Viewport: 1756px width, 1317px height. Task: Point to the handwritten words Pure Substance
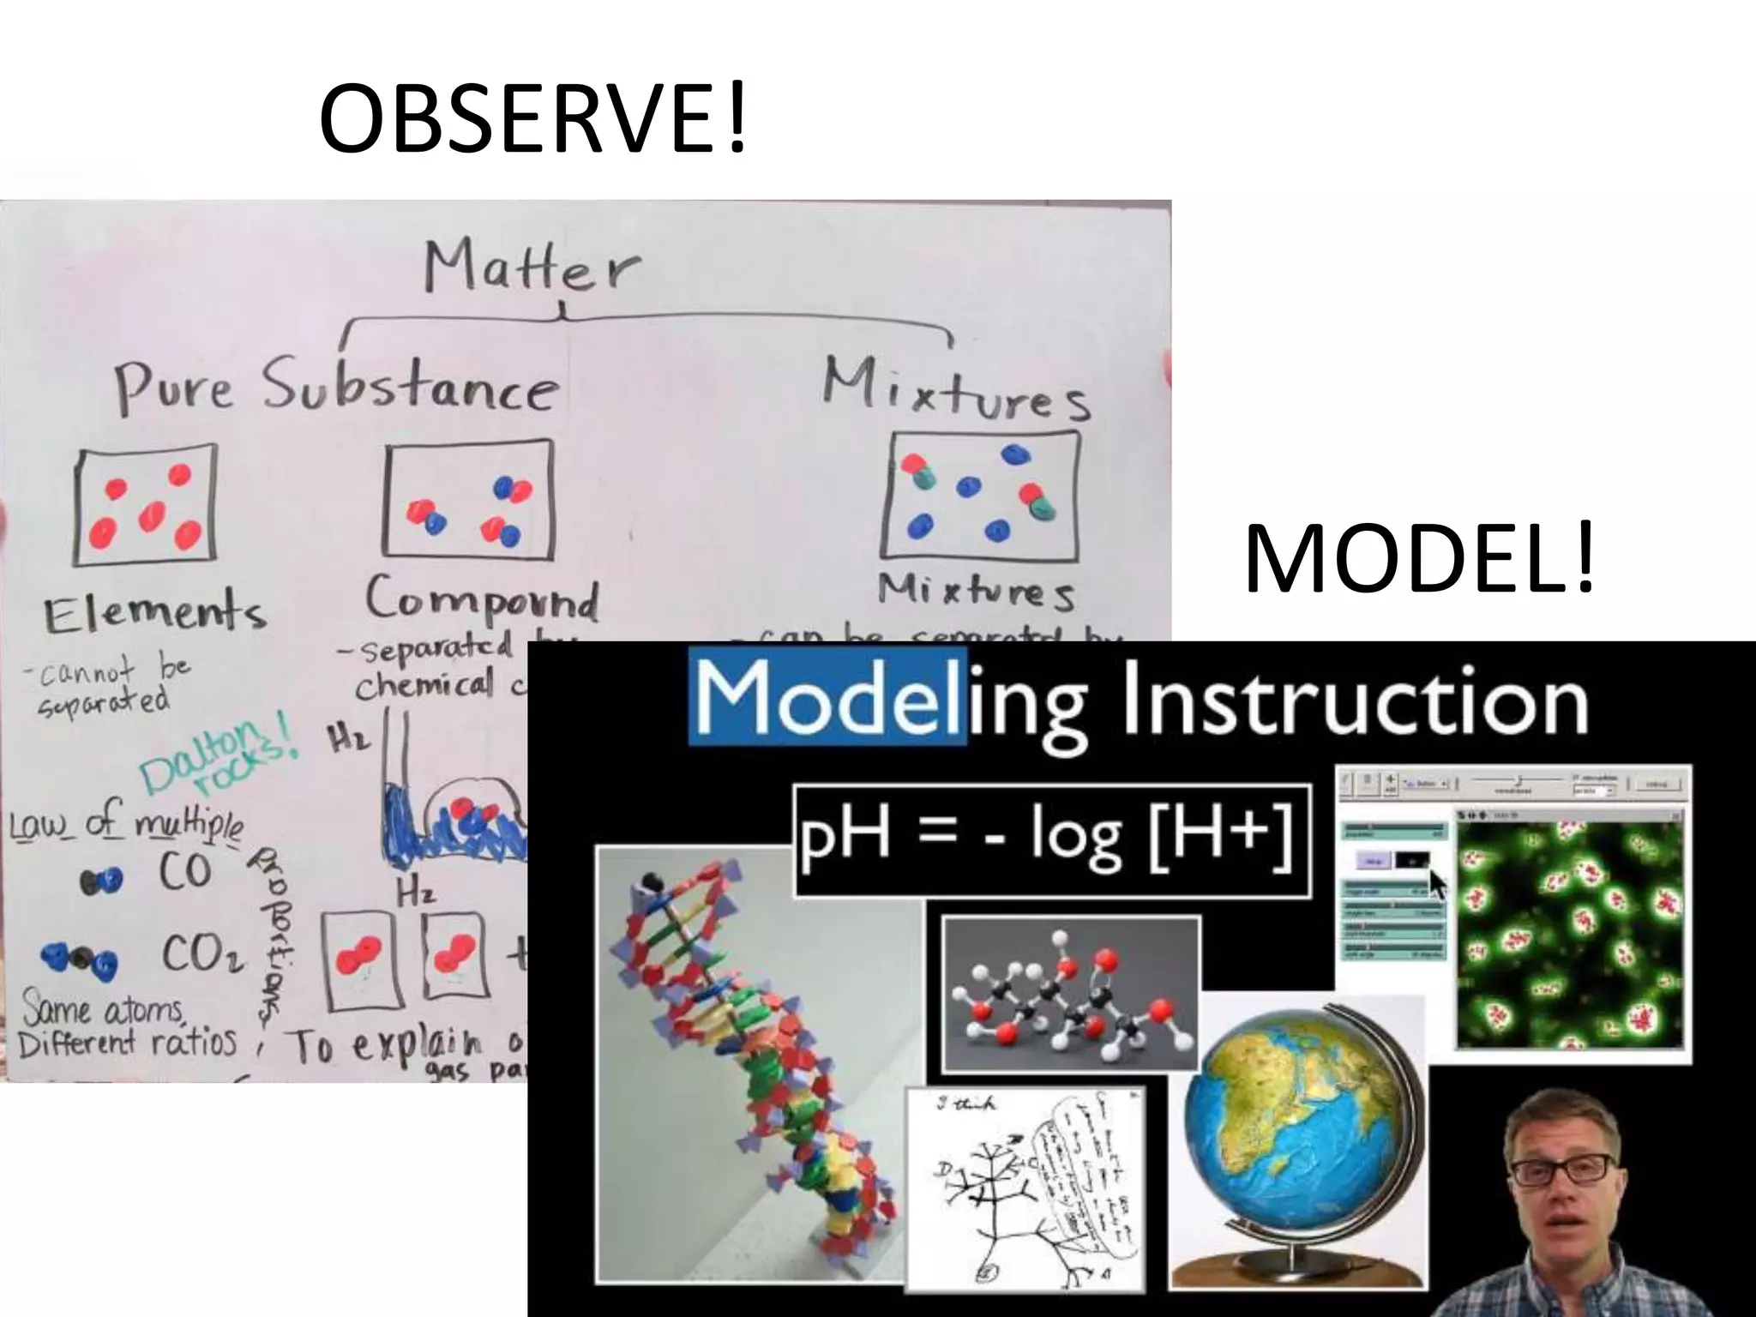pos(337,388)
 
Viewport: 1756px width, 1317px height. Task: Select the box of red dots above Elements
pos(145,505)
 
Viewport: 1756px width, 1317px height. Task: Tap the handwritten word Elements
pos(154,612)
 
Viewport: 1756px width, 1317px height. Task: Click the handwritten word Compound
pos(482,598)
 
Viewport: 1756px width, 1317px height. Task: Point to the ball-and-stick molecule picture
pos(1070,995)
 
